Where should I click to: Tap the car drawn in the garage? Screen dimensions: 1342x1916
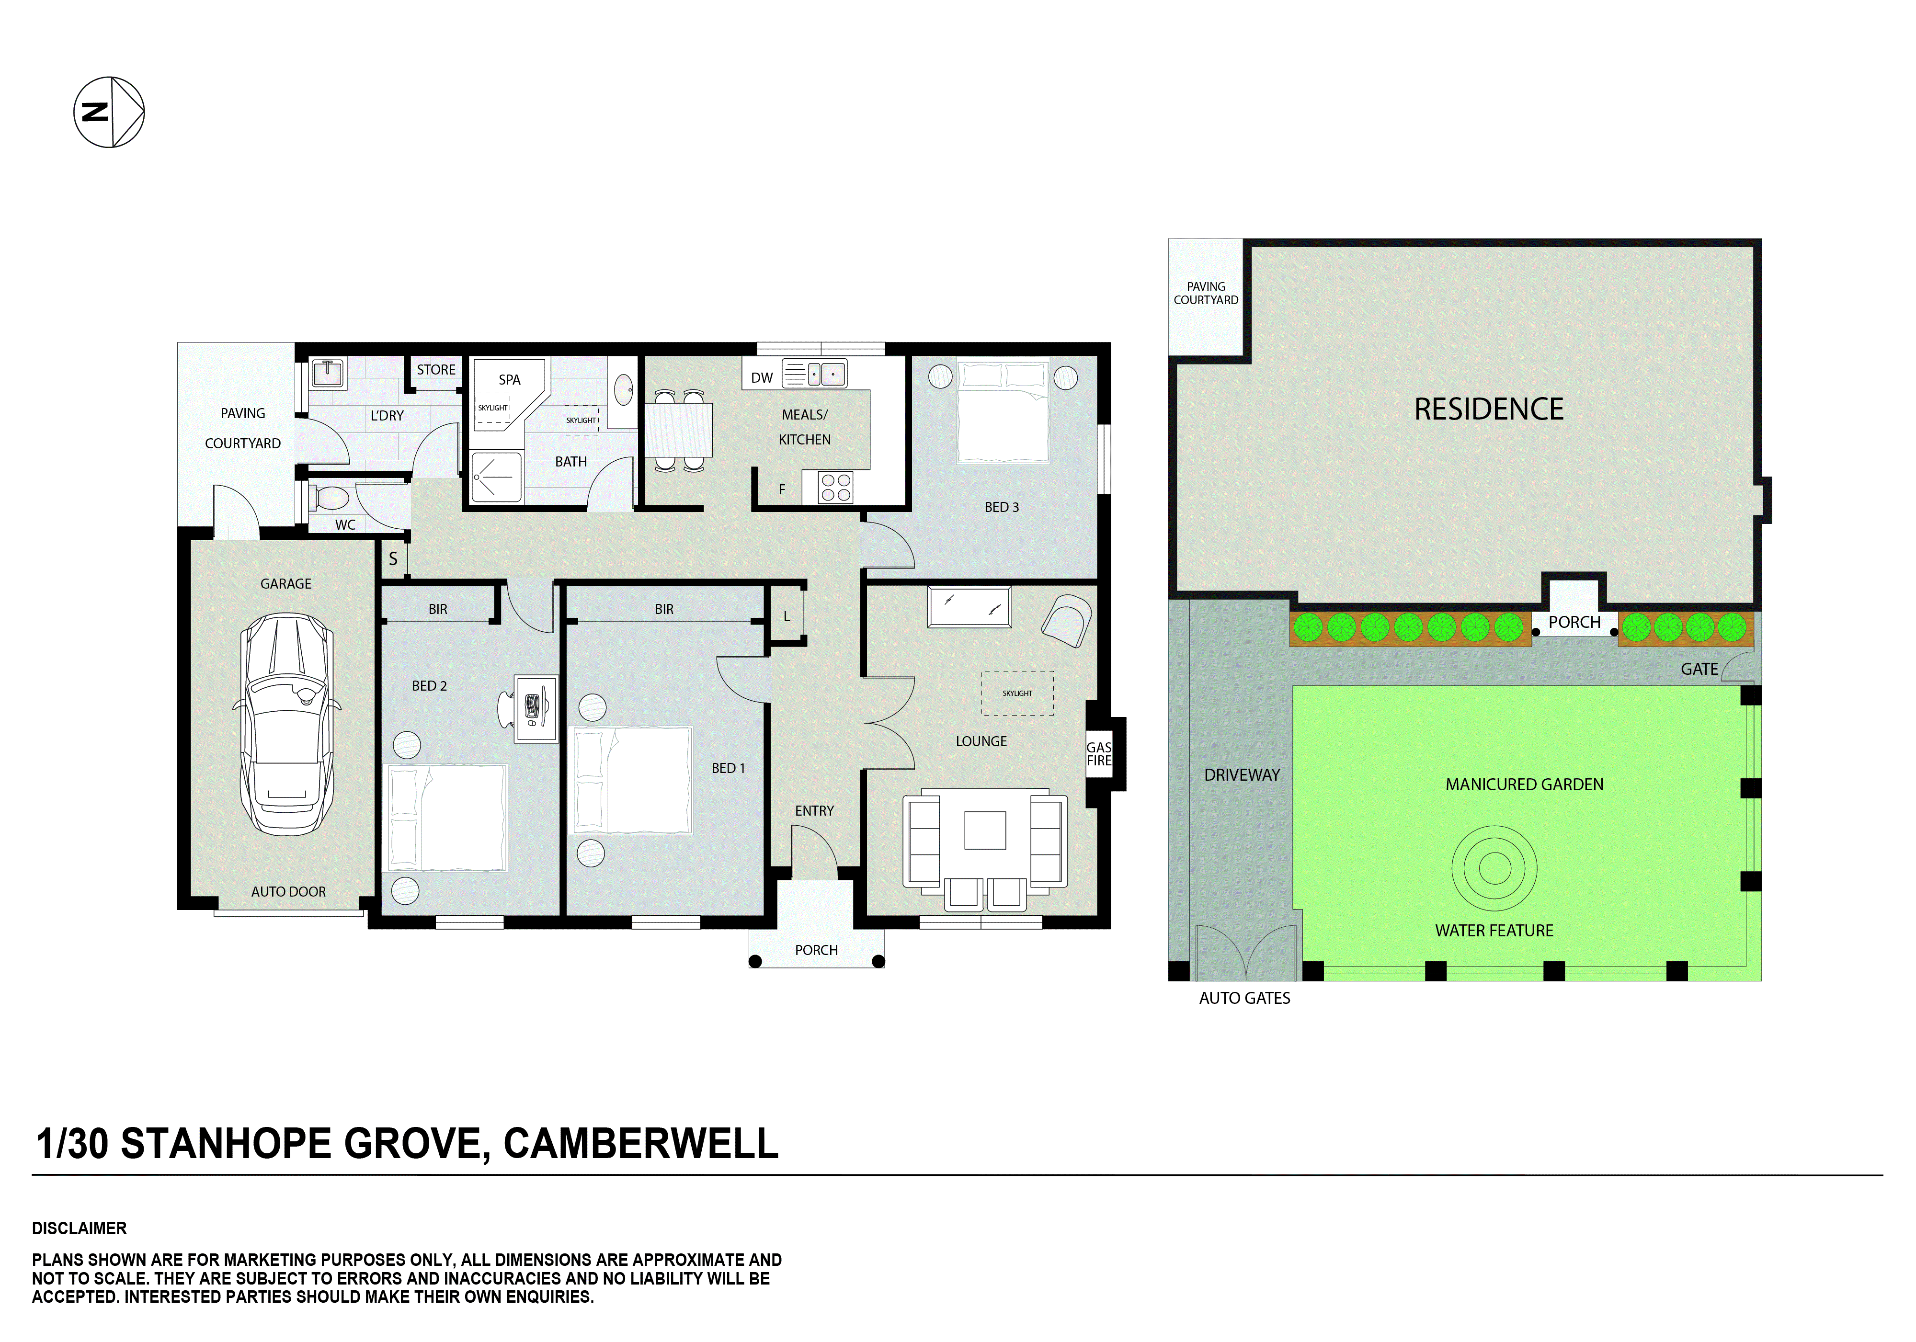pyautogui.click(x=286, y=725)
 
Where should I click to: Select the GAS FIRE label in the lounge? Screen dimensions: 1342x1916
pyautogui.click(x=1098, y=754)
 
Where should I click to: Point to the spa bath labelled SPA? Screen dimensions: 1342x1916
pyautogui.click(x=507, y=392)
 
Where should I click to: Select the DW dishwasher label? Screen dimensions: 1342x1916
pyautogui.click(x=761, y=378)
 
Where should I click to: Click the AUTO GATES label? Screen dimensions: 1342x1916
pyautogui.click(x=1243, y=998)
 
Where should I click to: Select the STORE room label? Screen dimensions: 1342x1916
pyautogui.click(x=435, y=370)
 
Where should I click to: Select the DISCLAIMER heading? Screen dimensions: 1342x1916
pyautogui.click(x=80, y=1228)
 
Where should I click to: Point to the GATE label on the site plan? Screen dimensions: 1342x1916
pyautogui.click(x=1698, y=670)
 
